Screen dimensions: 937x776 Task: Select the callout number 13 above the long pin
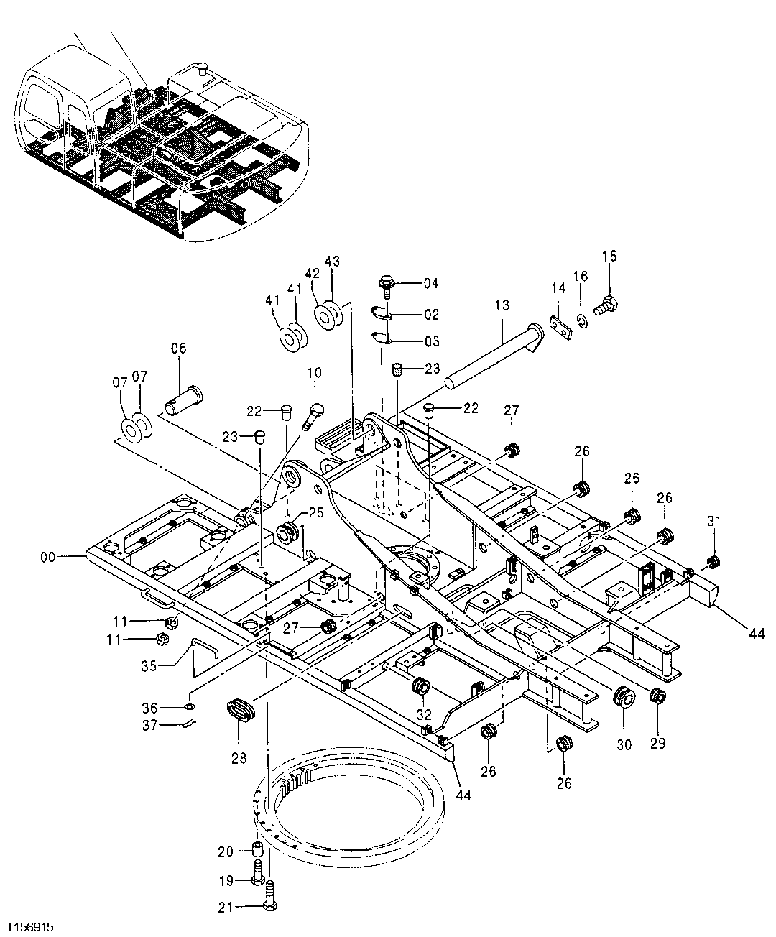coord(501,305)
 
